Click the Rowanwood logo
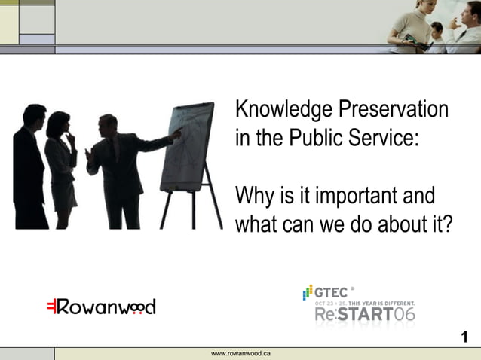point(101,307)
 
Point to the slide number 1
point(464,337)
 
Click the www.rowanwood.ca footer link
point(241,353)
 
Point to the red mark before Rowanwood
point(51,307)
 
